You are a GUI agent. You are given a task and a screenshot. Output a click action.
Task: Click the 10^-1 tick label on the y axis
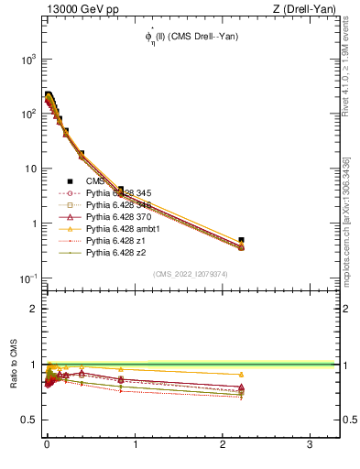25,278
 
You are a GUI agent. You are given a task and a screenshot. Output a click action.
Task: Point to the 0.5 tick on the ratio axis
27,420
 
